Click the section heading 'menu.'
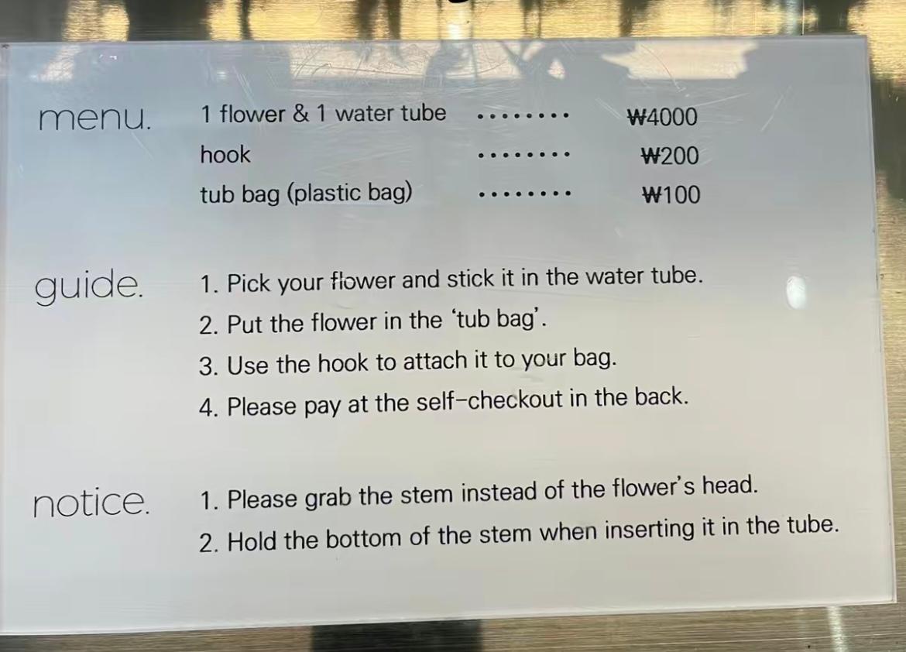[95, 118]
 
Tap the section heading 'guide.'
[88, 286]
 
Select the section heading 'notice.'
[91, 503]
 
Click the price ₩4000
[663, 118]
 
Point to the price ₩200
[670, 156]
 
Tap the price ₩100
[671, 195]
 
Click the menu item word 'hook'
[225, 154]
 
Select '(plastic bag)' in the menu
[349, 193]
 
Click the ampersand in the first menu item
[300, 113]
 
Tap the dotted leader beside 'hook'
[524, 155]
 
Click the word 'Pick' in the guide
[249, 283]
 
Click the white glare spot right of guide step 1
[795, 291]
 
